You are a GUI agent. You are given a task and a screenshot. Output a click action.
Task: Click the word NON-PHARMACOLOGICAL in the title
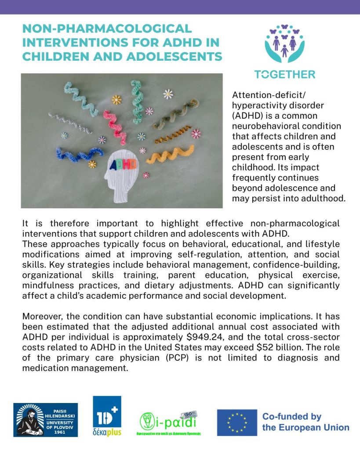[x=107, y=29]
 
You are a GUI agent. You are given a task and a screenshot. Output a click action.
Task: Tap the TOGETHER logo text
[x=284, y=74]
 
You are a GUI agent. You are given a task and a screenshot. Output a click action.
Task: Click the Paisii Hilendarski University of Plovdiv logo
[x=45, y=420]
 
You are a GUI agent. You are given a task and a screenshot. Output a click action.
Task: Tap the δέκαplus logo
[x=107, y=416]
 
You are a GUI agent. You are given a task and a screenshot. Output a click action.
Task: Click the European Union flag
[x=236, y=422]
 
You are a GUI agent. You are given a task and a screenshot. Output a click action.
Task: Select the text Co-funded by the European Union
[x=305, y=422]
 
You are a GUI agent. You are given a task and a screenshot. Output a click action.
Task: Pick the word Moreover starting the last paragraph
[x=43, y=316]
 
